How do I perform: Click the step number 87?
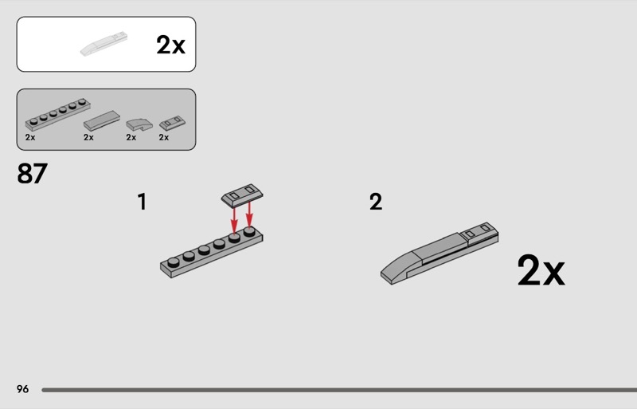(32, 174)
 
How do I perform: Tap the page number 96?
(23, 389)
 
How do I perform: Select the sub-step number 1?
(142, 202)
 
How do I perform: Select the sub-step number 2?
(376, 202)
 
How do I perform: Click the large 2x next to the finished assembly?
(541, 270)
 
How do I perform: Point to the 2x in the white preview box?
(170, 45)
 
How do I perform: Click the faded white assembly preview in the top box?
(104, 44)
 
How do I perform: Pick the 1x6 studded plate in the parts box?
(57, 114)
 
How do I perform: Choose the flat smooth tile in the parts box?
(102, 120)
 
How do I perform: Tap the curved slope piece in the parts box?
(139, 124)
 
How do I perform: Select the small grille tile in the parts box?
(172, 123)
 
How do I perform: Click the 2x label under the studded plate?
(30, 138)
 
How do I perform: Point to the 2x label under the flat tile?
(88, 138)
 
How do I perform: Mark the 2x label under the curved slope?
(131, 138)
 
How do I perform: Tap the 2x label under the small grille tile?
(164, 138)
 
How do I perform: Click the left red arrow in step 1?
(234, 220)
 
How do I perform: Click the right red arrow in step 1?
(249, 214)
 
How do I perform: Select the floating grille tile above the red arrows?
(242, 195)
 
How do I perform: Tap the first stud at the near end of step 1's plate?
(174, 262)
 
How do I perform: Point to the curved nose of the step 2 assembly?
(396, 269)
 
